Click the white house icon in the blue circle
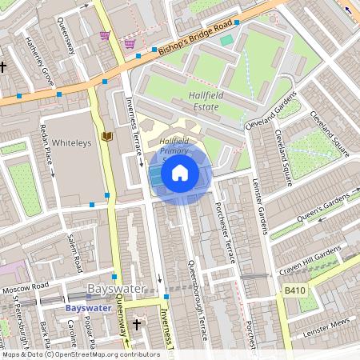pos(180,172)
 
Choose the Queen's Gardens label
pos(322,210)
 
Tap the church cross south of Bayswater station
pos(137,325)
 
